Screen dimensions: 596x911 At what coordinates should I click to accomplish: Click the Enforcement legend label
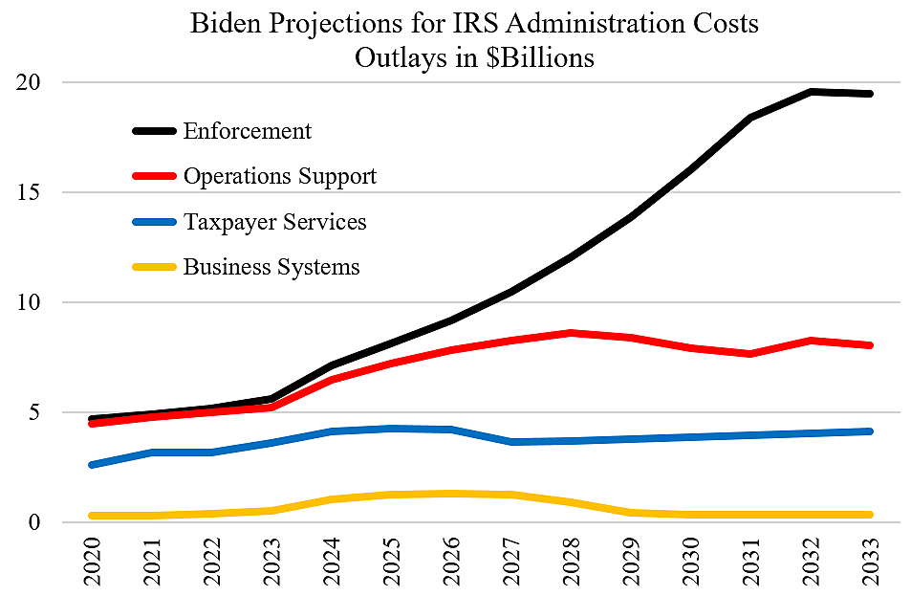pyautogui.click(x=247, y=131)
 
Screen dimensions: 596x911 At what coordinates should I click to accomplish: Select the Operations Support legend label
pyautogui.click(x=279, y=176)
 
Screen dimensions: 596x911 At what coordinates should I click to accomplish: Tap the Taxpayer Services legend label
pyautogui.click(x=274, y=222)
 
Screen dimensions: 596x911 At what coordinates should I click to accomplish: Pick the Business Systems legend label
pyautogui.click(x=271, y=267)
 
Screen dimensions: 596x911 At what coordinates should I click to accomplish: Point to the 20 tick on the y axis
pyautogui.click(x=32, y=82)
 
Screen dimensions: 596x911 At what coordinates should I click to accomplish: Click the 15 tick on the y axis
pyautogui.click(x=32, y=192)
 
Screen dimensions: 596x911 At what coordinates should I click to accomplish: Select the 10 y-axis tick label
pyautogui.click(x=32, y=302)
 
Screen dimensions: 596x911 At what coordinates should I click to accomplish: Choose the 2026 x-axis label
pyautogui.click(x=450, y=561)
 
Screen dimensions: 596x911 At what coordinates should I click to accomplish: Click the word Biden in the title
pyautogui.click(x=226, y=24)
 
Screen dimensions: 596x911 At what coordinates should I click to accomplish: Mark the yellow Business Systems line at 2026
pyautogui.click(x=450, y=494)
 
